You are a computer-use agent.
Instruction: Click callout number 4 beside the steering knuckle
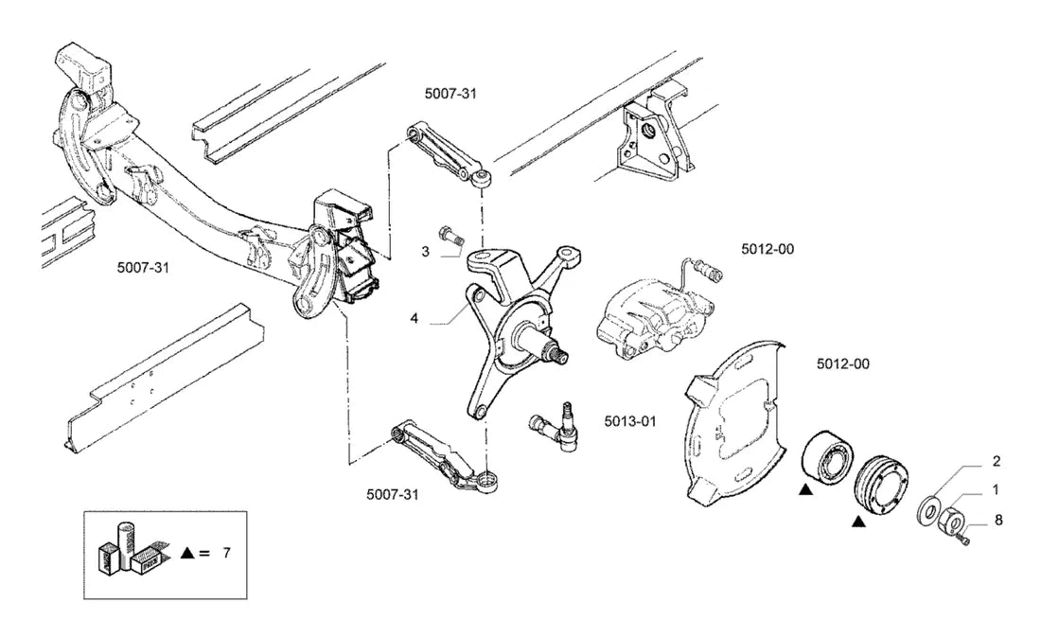tap(415, 319)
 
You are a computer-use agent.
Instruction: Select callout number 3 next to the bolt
tap(426, 252)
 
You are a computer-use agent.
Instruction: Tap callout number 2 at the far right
tap(996, 461)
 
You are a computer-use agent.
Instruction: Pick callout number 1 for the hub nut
tap(996, 490)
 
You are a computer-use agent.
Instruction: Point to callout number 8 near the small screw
tap(998, 520)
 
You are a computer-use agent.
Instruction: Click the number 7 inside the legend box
tap(226, 553)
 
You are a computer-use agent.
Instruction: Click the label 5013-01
tap(630, 421)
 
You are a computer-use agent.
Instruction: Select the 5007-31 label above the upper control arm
tap(450, 94)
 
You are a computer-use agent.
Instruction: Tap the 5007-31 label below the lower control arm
tap(393, 495)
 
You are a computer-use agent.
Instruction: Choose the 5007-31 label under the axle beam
tap(143, 268)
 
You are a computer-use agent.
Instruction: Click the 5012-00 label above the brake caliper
tap(768, 249)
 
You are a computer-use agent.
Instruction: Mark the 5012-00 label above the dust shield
tap(843, 363)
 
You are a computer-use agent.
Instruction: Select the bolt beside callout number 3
tap(450, 238)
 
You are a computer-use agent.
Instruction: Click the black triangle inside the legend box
tap(188, 553)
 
